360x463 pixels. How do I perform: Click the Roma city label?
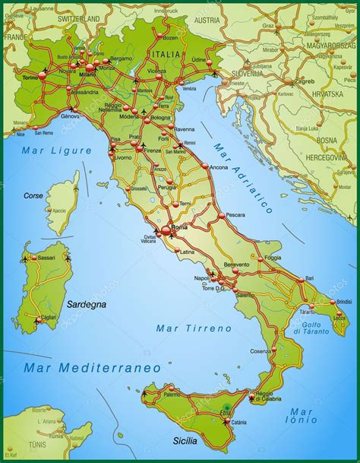179,227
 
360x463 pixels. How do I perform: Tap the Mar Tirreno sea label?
193,328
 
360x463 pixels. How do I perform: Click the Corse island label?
33,195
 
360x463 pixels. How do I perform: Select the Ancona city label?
219,167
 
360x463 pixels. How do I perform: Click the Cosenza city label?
261,350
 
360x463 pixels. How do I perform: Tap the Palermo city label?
172,395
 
